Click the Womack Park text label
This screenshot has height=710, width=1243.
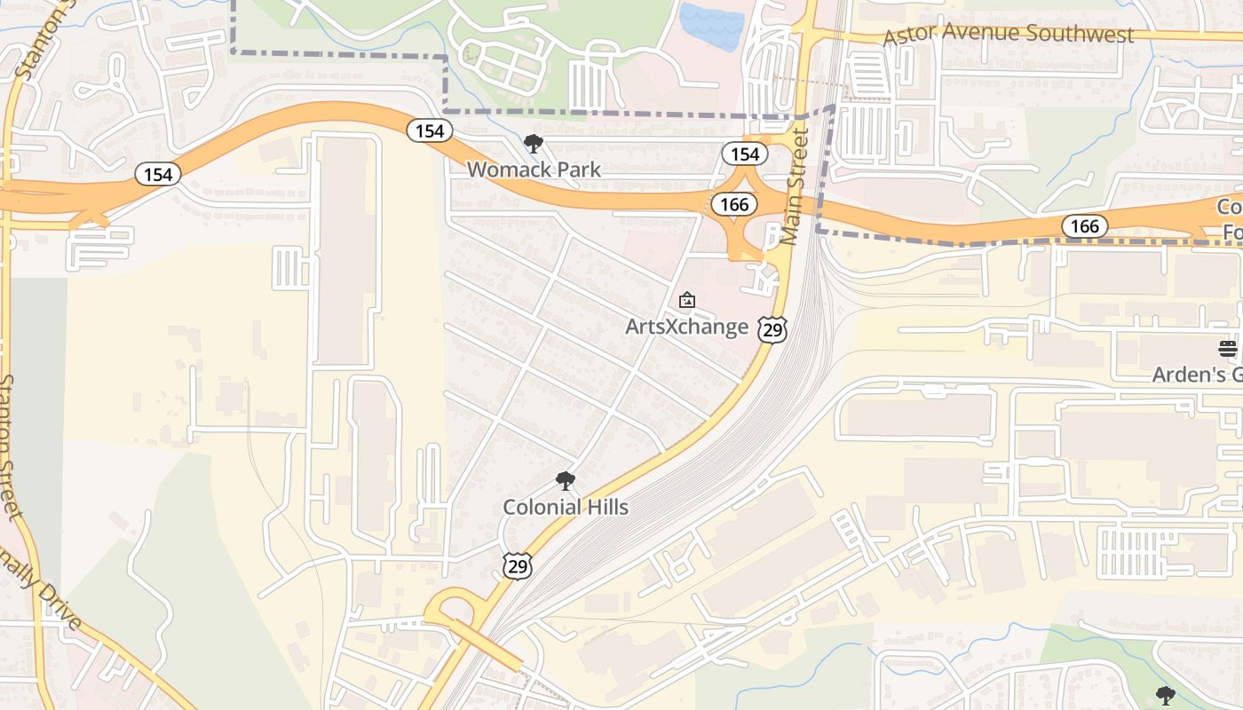pyautogui.click(x=534, y=169)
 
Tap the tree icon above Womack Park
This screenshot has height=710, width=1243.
pyautogui.click(x=533, y=144)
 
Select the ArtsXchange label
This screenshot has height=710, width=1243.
pyautogui.click(x=686, y=327)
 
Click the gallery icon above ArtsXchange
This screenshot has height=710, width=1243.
pyautogui.click(x=686, y=302)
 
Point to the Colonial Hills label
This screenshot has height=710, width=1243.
pyautogui.click(x=566, y=507)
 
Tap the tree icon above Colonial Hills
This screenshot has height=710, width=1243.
pyautogui.click(x=565, y=482)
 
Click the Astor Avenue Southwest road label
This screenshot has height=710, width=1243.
pyautogui.click(x=1009, y=35)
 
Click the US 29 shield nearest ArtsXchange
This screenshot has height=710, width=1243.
pyautogui.click(x=772, y=329)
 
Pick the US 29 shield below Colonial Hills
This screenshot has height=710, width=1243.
pyautogui.click(x=517, y=565)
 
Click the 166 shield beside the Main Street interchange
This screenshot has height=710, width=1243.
pyautogui.click(x=734, y=205)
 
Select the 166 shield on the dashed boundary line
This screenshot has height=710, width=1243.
pyautogui.click(x=1084, y=226)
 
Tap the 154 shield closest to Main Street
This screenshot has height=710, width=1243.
pyautogui.click(x=744, y=154)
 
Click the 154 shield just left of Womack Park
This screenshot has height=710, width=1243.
pyautogui.click(x=430, y=131)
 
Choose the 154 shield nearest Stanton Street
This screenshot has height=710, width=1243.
pyautogui.click(x=158, y=175)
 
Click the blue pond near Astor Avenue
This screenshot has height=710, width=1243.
pyautogui.click(x=711, y=26)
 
